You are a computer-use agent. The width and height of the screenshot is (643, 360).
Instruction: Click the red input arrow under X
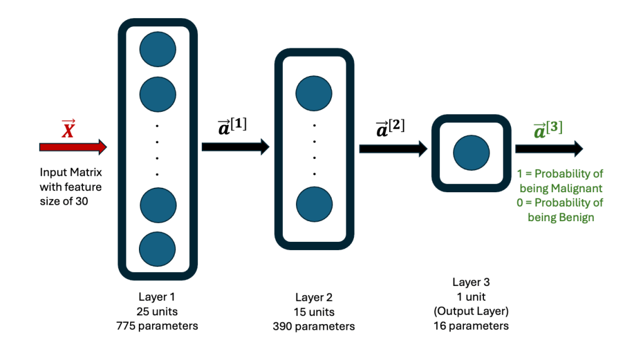coord(73,147)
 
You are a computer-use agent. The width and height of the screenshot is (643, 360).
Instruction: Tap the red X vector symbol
coord(69,129)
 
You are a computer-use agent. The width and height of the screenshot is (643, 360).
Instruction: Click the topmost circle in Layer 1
coord(158,49)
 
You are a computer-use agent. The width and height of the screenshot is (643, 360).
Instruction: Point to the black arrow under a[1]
coord(235,147)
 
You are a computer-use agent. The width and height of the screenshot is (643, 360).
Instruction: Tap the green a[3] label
coord(547,129)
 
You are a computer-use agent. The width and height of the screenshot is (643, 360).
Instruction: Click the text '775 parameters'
coord(157,325)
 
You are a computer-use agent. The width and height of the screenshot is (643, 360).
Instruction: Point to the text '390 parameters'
coord(314,326)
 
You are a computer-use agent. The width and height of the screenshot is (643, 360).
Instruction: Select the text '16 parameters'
coord(471,325)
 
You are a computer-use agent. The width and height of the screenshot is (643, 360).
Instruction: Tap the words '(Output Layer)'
coord(471,311)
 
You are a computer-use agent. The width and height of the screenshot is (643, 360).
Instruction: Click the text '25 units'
coord(157,311)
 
